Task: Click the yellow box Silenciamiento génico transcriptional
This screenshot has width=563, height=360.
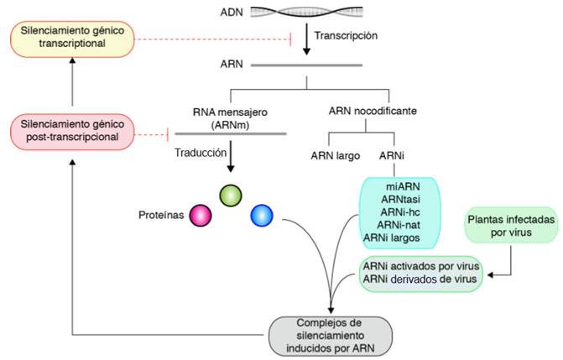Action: [x=72, y=39]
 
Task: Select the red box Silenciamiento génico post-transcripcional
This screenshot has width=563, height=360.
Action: [x=71, y=133]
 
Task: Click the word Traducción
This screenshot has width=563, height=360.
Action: [x=201, y=153]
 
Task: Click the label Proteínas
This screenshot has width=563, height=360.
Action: [x=160, y=215]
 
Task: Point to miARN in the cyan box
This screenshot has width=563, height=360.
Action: [x=403, y=185]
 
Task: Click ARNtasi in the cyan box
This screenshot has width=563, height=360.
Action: [x=403, y=199]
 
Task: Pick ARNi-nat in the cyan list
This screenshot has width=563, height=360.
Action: [x=403, y=225]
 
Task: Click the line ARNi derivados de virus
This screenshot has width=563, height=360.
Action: [x=420, y=279]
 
